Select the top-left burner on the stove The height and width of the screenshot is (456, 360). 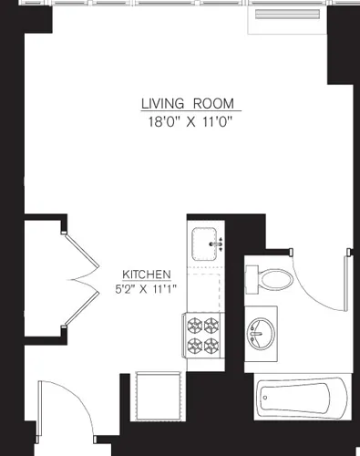195,324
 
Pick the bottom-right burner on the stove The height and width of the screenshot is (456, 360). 212,345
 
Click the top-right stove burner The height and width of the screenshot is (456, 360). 212,324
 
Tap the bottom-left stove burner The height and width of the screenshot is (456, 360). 195,345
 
